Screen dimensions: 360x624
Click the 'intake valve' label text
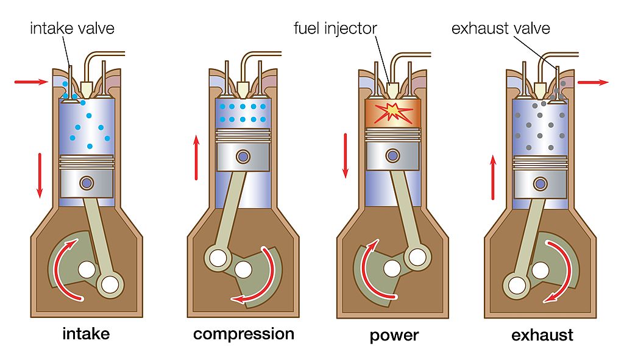pos(72,28)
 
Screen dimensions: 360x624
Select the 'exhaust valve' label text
pos(500,28)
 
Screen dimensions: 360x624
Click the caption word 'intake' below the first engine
pos(85,334)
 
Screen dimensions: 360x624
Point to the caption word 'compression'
pos(243,334)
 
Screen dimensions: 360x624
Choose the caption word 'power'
pos(394,335)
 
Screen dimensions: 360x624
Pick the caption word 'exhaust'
pos(542,335)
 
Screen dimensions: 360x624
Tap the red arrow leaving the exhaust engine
pos(592,82)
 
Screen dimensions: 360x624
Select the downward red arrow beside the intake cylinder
pos(40,175)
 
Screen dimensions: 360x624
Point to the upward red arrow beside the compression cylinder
pos(196,157)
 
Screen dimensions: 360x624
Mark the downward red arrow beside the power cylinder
pos(346,155)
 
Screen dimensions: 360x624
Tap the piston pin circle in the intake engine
pos(87,182)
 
